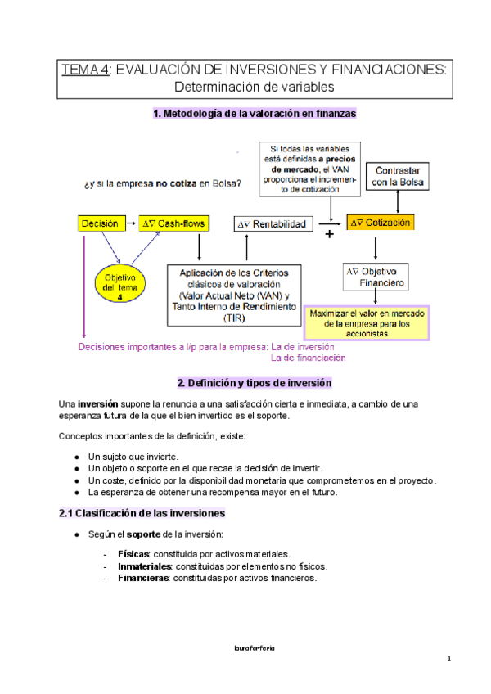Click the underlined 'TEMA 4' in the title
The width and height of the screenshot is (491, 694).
[x=86, y=71]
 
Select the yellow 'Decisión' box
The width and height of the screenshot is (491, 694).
[x=101, y=223]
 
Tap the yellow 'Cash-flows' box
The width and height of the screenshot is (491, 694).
[x=174, y=223]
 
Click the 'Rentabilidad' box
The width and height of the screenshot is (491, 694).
[x=271, y=223]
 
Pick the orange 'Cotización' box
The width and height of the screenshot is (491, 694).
[x=381, y=222]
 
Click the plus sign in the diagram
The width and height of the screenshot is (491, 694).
[x=330, y=234]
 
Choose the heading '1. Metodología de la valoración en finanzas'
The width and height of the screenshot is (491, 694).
[x=255, y=115]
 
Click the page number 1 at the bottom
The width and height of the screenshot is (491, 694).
[x=449, y=660]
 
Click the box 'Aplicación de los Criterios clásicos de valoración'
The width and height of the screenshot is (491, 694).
[x=233, y=294]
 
